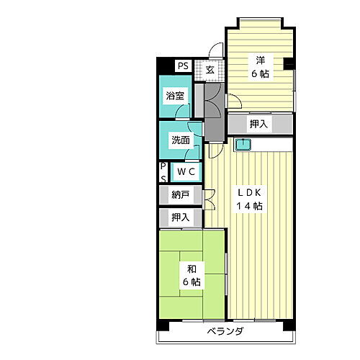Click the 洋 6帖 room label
260,67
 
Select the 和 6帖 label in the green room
192,275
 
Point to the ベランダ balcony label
225,332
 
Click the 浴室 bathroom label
175,96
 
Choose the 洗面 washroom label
180,140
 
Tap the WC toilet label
186,172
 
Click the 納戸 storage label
181,194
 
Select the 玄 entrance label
210,70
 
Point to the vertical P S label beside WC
163,172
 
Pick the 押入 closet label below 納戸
181,216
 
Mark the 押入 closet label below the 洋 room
259,125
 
